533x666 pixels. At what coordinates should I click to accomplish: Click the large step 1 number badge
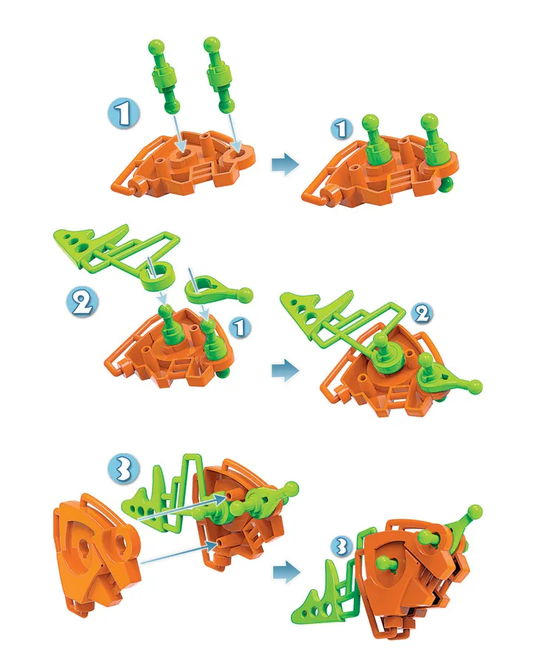(124, 114)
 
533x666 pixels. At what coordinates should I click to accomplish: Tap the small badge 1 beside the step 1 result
(342, 129)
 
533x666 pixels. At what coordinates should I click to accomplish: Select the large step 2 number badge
(82, 303)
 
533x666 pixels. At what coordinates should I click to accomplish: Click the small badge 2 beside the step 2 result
(422, 314)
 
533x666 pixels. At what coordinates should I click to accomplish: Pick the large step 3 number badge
(124, 469)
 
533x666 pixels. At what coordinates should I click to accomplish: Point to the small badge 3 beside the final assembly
(343, 546)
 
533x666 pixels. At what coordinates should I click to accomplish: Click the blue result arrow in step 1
(285, 164)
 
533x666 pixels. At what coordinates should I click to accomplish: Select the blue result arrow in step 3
(286, 572)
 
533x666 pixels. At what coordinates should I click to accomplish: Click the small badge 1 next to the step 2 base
(240, 328)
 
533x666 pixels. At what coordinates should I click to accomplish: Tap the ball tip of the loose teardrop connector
(245, 295)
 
